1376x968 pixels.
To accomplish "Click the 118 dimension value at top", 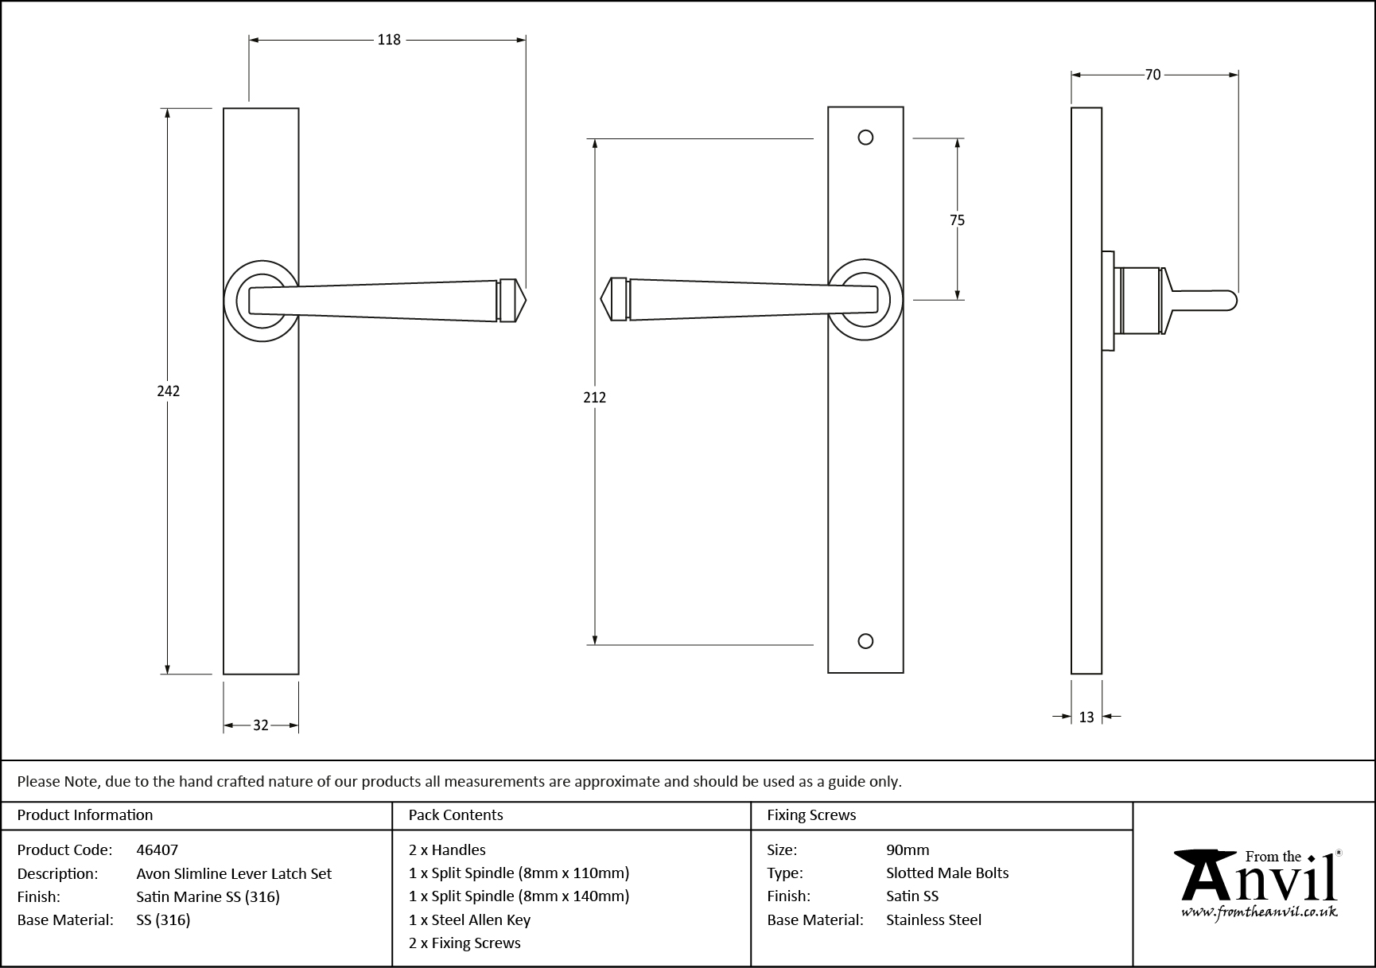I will (388, 40).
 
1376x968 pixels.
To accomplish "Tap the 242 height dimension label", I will (169, 391).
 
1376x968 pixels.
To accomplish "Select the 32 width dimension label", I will (261, 725).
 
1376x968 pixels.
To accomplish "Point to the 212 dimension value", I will (594, 397).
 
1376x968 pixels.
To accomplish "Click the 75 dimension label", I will (957, 220).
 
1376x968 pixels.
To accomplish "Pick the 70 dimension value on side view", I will (1152, 75).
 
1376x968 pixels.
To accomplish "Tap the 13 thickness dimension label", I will (1086, 717).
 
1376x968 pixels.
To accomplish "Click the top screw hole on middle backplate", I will (866, 138).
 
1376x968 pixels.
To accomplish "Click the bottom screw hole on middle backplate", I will (866, 641).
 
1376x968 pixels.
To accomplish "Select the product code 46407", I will (157, 849).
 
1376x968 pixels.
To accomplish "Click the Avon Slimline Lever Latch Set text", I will (234, 873).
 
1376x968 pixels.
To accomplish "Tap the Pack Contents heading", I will (456, 814).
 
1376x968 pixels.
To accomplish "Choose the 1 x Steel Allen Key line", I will (469, 919).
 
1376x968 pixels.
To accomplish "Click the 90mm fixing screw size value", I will (908, 849).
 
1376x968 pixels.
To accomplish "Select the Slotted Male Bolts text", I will (947, 873).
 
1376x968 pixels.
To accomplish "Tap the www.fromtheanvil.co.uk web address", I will (1258, 912).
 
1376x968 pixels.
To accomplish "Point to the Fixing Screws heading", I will (811, 814).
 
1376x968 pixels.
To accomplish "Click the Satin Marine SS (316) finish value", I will (208, 896).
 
